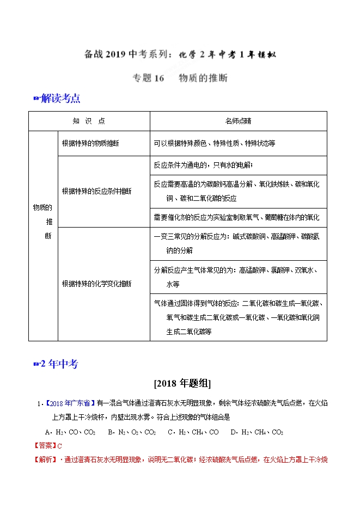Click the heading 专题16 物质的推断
(x=180, y=78)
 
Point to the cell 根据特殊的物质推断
(x=91, y=144)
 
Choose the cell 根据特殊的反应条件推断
(x=96, y=192)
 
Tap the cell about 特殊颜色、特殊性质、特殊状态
(x=215, y=144)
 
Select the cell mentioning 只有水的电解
(x=203, y=165)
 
